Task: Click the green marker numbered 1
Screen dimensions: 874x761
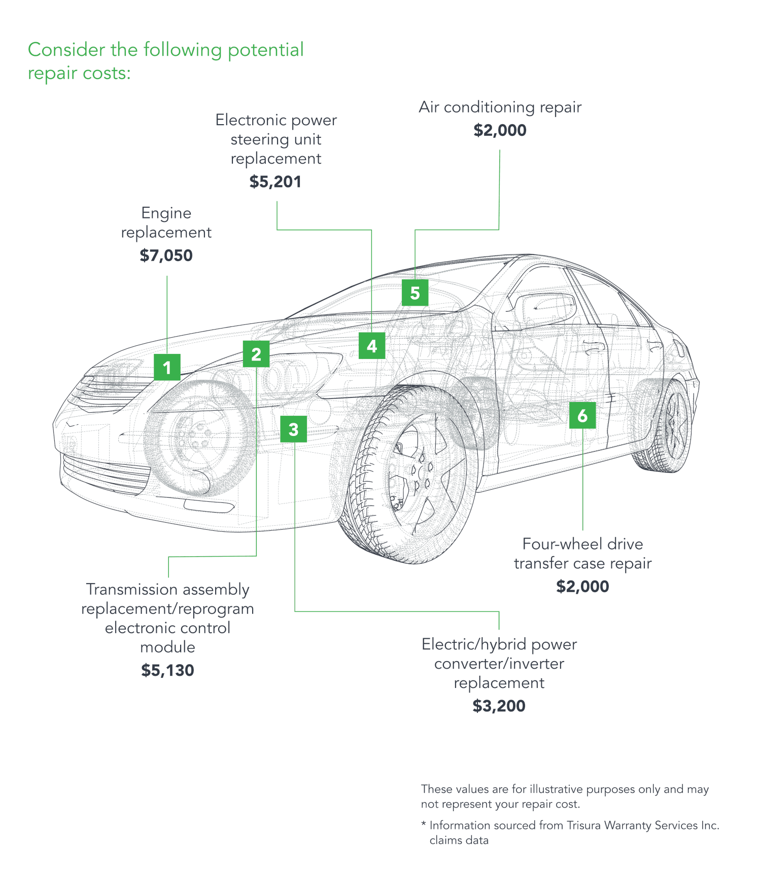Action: (x=167, y=367)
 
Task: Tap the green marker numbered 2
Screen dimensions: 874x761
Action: (x=256, y=354)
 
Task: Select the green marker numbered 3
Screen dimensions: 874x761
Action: (x=293, y=429)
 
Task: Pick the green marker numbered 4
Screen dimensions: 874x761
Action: (x=371, y=346)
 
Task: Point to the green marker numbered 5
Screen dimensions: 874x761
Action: (x=415, y=293)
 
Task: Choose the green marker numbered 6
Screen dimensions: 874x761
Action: (x=582, y=415)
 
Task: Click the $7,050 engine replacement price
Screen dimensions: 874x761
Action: (x=166, y=255)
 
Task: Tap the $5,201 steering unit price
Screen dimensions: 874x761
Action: (x=275, y=181)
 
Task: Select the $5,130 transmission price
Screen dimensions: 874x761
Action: (x=167, y=670)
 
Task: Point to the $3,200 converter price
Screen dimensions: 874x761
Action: (x=499, y=706)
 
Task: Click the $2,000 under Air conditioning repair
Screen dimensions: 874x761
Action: (x=500, y=130)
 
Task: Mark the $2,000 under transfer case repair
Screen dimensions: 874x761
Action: (x=582, y=587)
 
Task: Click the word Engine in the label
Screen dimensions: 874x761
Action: (x=166, y=213)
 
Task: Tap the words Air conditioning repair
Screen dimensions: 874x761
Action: (x=500, y=107)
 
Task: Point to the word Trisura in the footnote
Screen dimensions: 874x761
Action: (x=584, y=825)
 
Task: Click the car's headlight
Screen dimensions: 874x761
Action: (x=109, y=378)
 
